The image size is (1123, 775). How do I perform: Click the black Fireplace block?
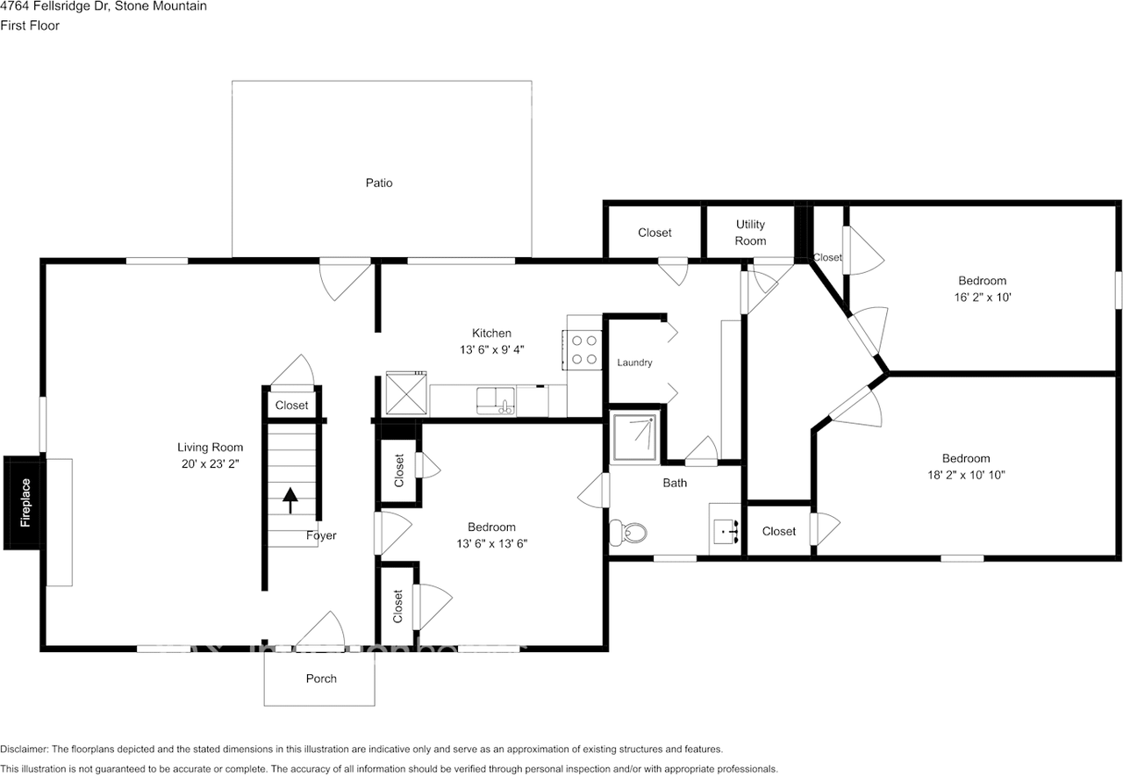(x=22, y=503)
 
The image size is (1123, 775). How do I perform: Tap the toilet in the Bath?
(x=628, y=532)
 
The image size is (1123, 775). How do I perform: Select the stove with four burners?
(x=584, y=350)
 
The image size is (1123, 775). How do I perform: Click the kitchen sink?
(x=496, y=401)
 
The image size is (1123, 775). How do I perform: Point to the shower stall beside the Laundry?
(x=634, y=437)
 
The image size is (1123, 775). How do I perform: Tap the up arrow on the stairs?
(x=290, y=500)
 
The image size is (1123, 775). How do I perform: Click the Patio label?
(x=379, y=183)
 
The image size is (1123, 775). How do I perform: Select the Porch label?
(x=321, y=678)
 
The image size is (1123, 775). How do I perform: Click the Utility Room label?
(x=750, y=233)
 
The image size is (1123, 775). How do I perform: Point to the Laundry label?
(x=634, y=362)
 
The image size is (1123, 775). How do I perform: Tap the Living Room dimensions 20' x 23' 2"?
(x=210, y=464)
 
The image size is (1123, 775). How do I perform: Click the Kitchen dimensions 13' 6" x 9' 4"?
(x=492, y=349)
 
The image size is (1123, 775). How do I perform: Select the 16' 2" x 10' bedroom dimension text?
(x=982, y=297)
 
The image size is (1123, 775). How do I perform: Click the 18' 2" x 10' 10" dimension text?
(x=966, y=475)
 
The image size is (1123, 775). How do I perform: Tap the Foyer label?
(x=321, y=535)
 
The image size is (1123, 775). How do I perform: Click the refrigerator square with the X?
(x=406, y=393)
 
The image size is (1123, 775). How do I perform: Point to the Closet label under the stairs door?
(x=292, y=405)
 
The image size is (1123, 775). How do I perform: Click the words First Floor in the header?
(x=30, y=25)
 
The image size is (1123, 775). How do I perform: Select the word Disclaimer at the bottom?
(x=24, y=749)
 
